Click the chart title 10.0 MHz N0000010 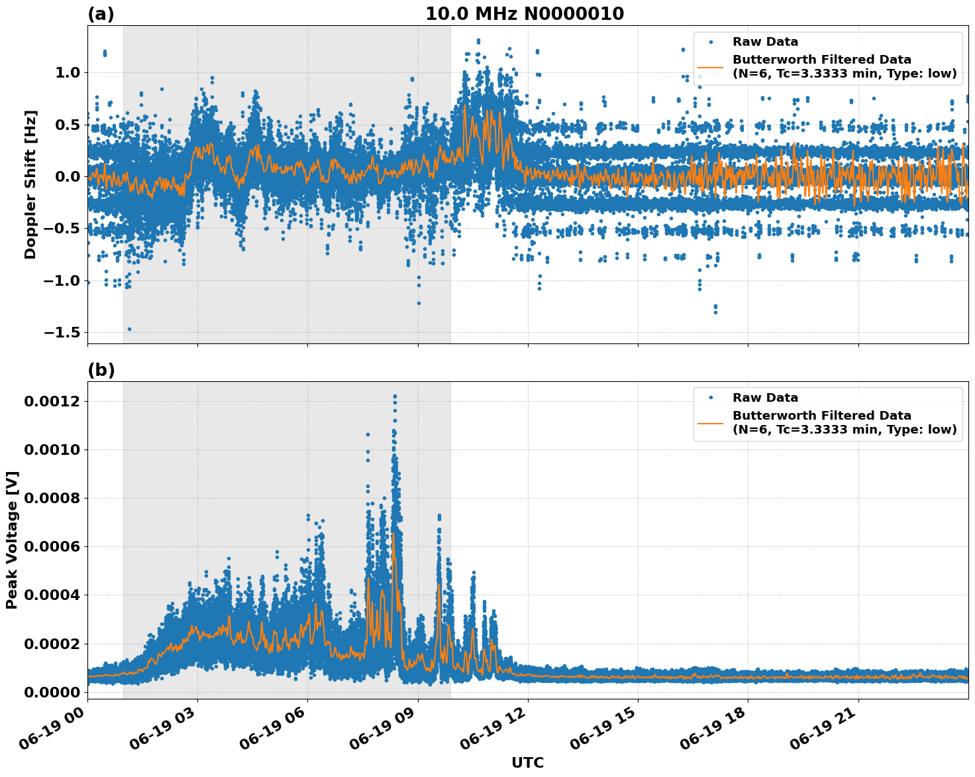click(524, 14)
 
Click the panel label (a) click(101, 14)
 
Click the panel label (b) click(101, 370)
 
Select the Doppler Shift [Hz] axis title click(30, 184)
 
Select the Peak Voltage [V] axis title click(12, 540)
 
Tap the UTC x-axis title click(527, 762)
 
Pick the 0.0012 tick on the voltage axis click(52, 401)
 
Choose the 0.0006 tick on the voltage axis click(52, 546)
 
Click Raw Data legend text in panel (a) click(765, 42)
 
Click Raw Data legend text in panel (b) click(765, 398)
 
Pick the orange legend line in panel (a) click(711, 67)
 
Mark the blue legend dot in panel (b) click(711, 398)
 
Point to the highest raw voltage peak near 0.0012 click(395, 396)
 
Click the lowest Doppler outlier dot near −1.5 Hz click(129, 329)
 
